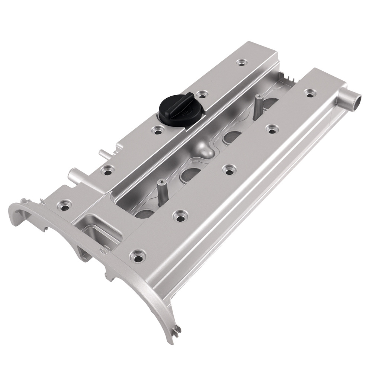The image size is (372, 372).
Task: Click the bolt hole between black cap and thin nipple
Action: pos(158,131)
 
